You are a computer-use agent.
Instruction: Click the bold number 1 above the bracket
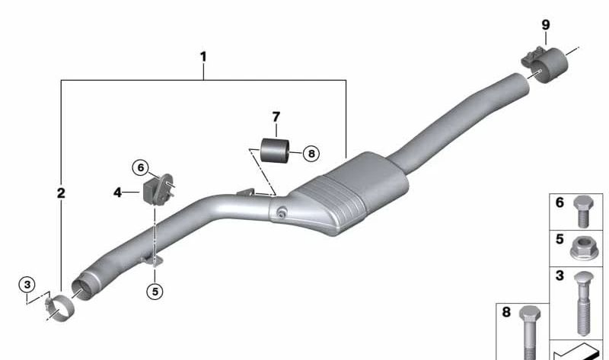pyautogui.click(x=203, y=57)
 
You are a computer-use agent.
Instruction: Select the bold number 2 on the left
pyautogui.click(x=61, y=193)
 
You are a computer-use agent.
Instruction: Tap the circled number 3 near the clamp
pyautogui.click(x=27, y=285)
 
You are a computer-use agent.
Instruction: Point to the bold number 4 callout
pyautogui.click(x=117, y=193)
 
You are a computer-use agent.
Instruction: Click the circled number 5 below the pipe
pyautogui.click(x=155, y=292)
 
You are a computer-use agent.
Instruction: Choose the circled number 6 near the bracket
pyautogui.click(x=141, y=167)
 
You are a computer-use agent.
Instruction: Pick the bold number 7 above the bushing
pyautogui.click(x=276, y=117)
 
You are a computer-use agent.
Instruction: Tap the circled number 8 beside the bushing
pyautogui.click(x=311, y=154)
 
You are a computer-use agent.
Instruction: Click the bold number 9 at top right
pyautogui.click(x=546, y=25)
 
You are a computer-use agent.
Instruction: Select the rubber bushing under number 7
pyautogui.click(x=275, y=150)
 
